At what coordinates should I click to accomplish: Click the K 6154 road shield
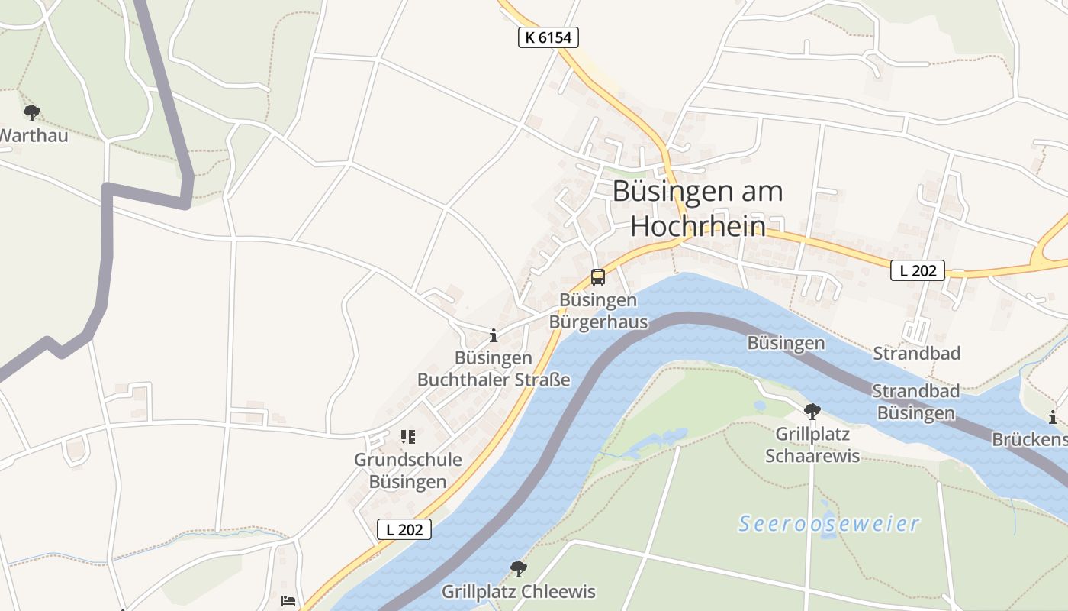pyautogui.click(x=548, y=37)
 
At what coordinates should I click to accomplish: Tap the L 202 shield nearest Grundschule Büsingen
pyautogui.click(x=404, y=529)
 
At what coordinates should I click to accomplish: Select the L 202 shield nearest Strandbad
pyautogui.click(x=918, y=270)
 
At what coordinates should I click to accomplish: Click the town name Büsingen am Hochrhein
pyautogui.click(x=697, y=208)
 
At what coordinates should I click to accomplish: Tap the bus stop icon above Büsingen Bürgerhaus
pyautogui.click(x=598, y=277)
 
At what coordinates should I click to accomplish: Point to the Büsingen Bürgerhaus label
pyautogui.click(x=598, y=311)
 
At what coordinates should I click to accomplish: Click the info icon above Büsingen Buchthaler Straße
pyautogui.click(x=494, y=335)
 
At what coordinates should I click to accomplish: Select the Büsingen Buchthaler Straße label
pyautogui.click(x=494, y=369)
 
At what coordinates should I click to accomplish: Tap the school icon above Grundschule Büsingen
pyautogui.click(x=408, y=437)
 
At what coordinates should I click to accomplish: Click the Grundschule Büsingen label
pyautogui.click(x=408, y=470)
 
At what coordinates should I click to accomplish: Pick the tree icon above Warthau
pyautogui.click(x=31, y=114)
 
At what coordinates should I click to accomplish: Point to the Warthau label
pyautogui.click(x=34, y=136)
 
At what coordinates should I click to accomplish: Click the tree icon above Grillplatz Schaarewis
pyautogui.click(x=812, y=412)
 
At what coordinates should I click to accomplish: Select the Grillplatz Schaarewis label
pyautogui.click(x=812, y=445)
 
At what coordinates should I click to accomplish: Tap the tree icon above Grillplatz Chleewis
pyautogui.click(x=519, y=569)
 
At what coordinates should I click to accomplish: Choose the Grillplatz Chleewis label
pyautogui.click(x=519, y=592)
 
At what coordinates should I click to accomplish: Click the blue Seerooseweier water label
pyautogui.click(x=829, y=524)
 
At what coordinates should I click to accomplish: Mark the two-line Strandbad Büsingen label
pyautogui.click(x=915, y=402)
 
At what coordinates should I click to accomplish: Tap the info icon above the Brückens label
pyautogui.click(x=1053, y=417)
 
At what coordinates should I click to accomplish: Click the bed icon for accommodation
pyautogui.click(x=288, y=601)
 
